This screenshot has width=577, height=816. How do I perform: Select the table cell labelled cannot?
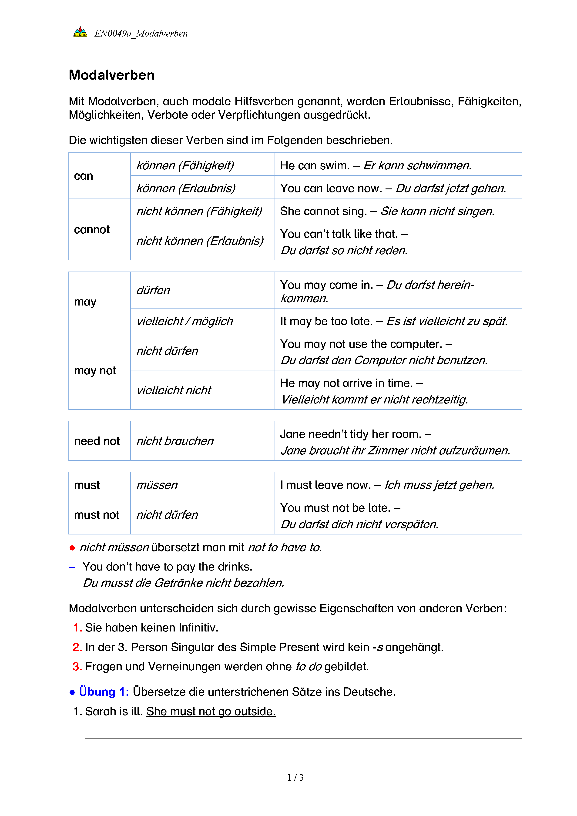[x=92, y=230]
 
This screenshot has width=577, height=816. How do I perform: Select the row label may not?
[x=95, y=371]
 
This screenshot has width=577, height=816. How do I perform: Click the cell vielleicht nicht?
[x=174, y=390]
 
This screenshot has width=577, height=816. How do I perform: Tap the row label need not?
[x=97, y=441]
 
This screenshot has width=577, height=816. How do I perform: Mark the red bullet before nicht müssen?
[x=72, y=548]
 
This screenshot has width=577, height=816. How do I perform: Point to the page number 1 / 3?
[x=295, y=778]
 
